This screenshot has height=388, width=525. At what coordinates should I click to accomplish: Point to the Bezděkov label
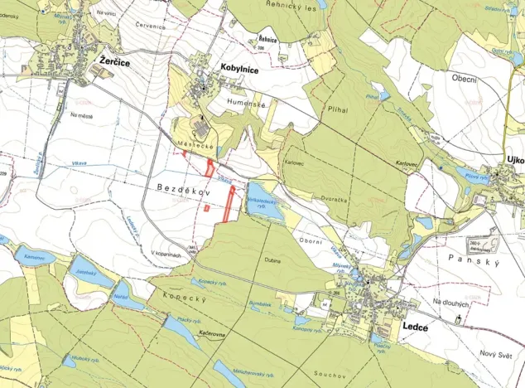(185, 190)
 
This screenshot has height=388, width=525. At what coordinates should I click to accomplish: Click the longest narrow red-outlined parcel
(228, 204)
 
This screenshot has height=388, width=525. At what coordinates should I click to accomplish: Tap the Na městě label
(84, 115)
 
